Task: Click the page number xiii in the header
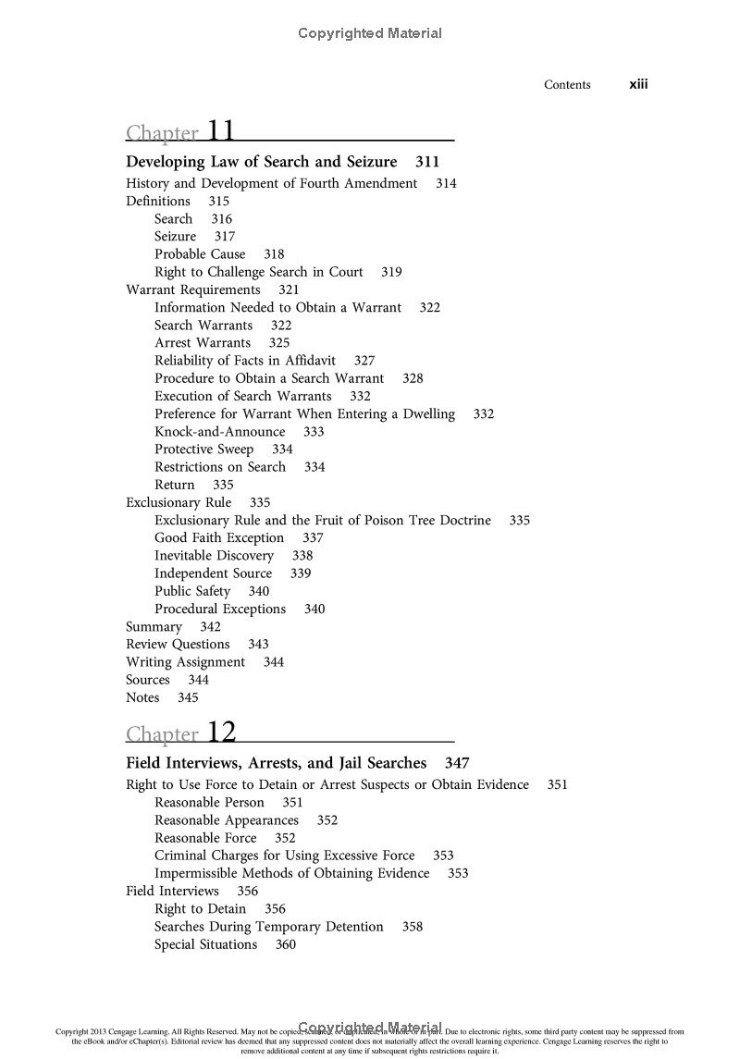[638, 85]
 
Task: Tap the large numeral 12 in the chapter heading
[222, 733]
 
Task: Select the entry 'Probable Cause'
[200, 254]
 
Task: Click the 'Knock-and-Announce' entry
[220, 432]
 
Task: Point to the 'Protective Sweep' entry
[203, 449]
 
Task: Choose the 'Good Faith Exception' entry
[219, 538]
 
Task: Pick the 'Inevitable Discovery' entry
[215, 556]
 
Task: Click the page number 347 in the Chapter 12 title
[457, 764]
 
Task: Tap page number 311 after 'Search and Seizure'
[427, 162]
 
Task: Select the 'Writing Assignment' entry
[186, 662]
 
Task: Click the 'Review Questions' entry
[178, 645]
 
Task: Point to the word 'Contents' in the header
[567, 85]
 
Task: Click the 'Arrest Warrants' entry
[203, 343]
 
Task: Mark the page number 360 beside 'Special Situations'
[286, 945]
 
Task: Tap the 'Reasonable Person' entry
[209, 803]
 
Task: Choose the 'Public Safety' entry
[192, 591]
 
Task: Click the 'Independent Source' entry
[214, 573]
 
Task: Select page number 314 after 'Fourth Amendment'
[446, 183]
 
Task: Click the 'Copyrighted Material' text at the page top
[370, 33]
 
